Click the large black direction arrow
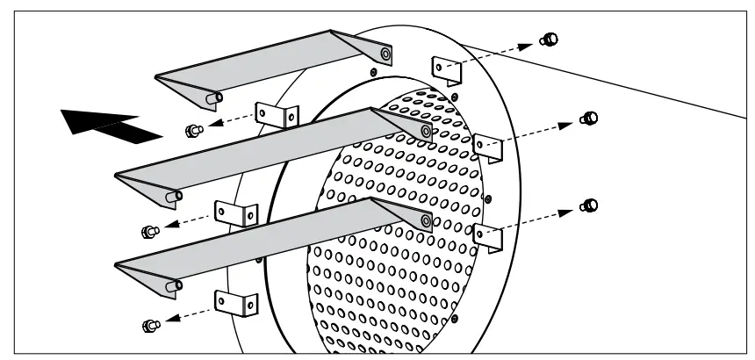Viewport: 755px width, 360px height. [x=110, y=125]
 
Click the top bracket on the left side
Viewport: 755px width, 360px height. [x=277, y=115]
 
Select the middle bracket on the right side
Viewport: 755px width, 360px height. [x=487, y=147]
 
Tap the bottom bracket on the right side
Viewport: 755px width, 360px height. [x=487, y=236]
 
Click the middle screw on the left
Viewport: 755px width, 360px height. [x=148, y=231]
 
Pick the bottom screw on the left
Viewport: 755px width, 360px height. [x=148, y=325]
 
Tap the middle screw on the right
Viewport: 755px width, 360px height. [x=590, y=119]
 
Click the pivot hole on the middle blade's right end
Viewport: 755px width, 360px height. [x=426, y=132]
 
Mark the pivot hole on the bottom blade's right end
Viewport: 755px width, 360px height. [x=426, y=221]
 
